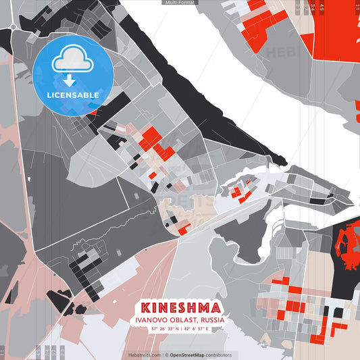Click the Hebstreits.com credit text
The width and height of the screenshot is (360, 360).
click(x=145, y=355)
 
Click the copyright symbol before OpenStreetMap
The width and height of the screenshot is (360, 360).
click(x=166, y=355)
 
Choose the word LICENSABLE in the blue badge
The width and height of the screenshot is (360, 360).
click(x=73, y=95)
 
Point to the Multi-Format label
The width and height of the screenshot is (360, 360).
click(x=179, y=3)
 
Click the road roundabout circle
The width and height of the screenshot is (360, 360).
click(x=14, y=28)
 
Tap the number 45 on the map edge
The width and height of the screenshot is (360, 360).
click(x=322, y=7)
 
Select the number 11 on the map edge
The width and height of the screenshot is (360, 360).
click(x=356, y=7)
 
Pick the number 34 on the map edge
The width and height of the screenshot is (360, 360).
click(x=313, y=7)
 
